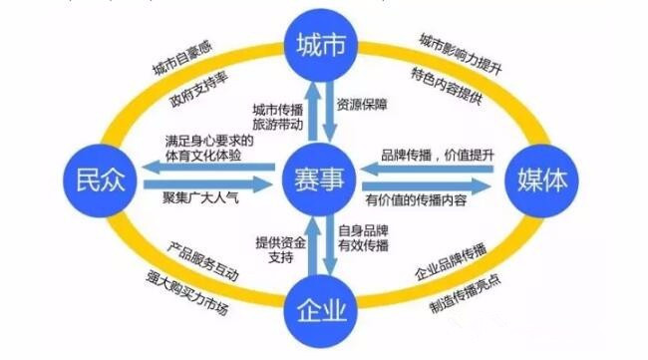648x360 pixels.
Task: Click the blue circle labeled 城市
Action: (x=321, y=45)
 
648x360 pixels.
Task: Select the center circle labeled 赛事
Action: (x=321, y=179)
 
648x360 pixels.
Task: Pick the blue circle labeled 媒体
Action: (x=547, y=180)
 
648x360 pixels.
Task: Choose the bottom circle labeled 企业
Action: (x=321, y=311)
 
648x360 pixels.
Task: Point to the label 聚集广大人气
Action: (x=201, y=197)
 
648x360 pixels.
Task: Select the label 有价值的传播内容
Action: (x=430, y=200)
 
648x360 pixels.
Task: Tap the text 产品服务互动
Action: (x=203, y=272)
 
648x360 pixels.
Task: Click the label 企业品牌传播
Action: (x=453, y=272)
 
